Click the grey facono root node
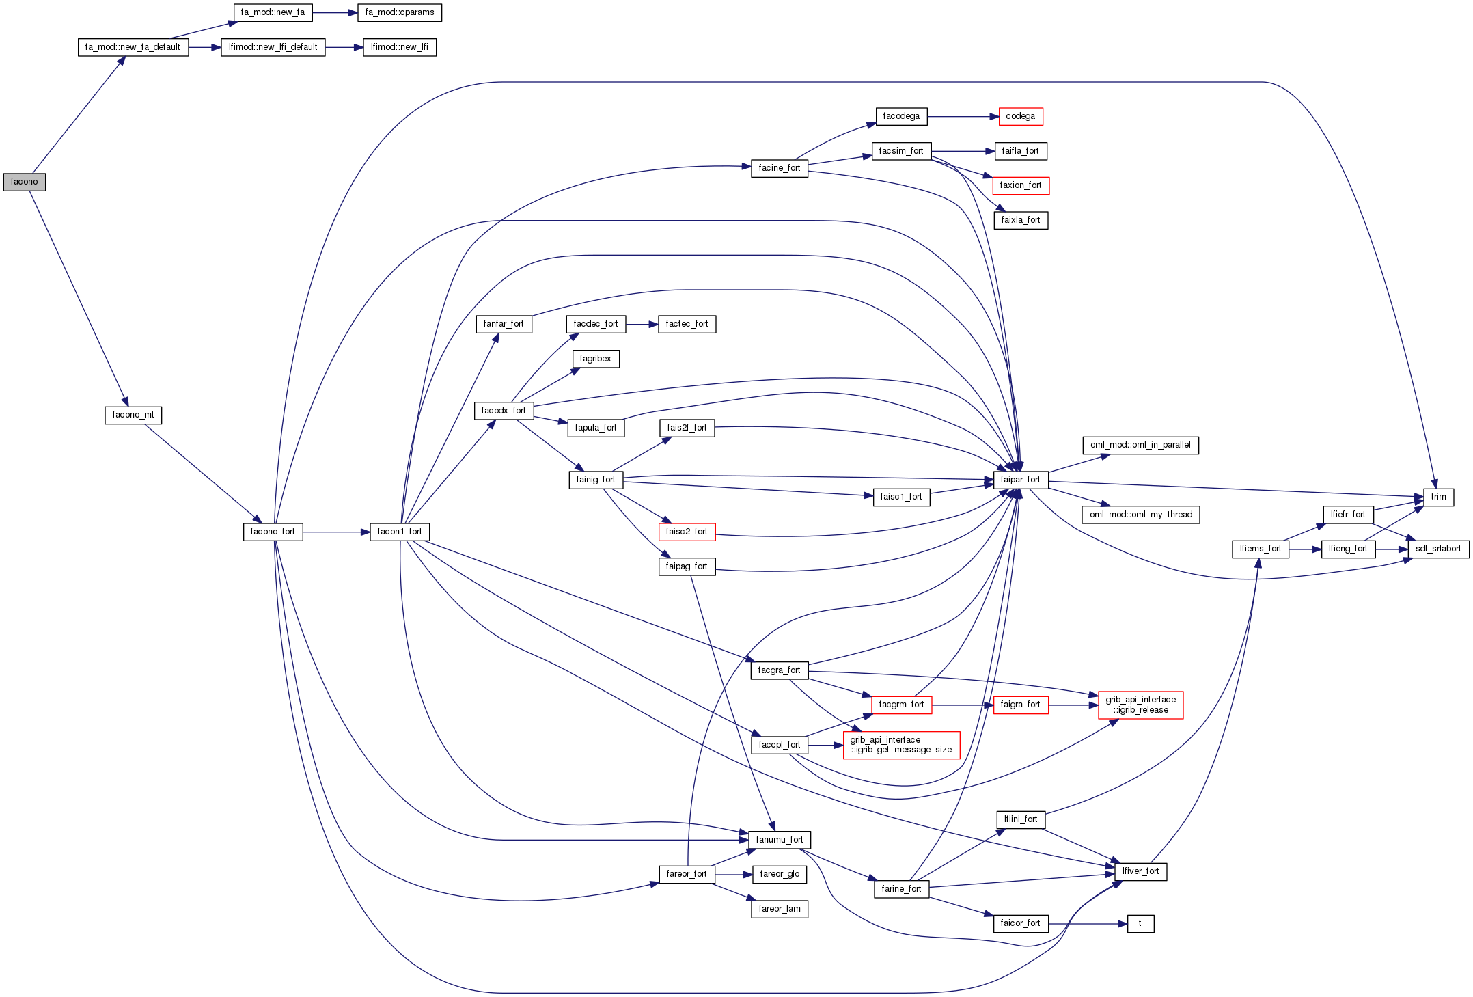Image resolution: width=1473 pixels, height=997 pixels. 25,182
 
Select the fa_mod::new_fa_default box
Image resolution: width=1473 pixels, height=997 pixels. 133,47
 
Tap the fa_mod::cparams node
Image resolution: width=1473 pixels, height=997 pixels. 400,12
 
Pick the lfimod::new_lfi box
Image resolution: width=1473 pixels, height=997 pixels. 399,47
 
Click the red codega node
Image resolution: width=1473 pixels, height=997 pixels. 1020,116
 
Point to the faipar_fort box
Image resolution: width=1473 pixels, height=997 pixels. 1020,480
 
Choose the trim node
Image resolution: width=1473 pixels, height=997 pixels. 1438,497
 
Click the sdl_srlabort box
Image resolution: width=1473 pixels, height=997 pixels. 1438,549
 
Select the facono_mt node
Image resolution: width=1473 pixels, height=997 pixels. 133,415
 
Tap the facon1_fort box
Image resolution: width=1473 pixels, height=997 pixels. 400,532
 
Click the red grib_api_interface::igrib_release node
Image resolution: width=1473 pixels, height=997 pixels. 1140,705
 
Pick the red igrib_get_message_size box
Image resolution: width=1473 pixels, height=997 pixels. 901,745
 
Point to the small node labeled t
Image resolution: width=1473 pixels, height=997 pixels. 1140,923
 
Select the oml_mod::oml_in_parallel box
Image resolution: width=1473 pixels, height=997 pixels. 1140,445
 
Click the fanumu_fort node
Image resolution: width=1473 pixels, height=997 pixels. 780,840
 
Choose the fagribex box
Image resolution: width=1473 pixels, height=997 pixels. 596,359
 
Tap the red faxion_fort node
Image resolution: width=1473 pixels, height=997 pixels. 1020,185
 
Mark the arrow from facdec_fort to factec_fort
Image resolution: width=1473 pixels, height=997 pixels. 642,324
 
